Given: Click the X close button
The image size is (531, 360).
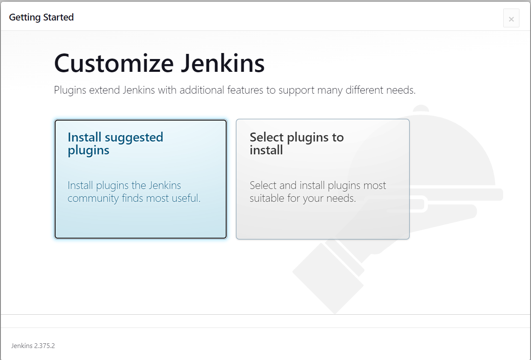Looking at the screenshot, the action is [511, 18].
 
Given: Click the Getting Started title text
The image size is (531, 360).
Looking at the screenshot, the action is [41, 17].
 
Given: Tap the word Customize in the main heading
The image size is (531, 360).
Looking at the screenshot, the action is [114, 63].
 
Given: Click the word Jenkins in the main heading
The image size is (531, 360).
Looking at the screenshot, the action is [223, 63].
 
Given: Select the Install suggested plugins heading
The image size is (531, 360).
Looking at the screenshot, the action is [115, 144].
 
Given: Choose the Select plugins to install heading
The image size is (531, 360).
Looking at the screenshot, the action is [297, 143].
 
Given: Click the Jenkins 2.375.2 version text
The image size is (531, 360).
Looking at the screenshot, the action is [33, 345].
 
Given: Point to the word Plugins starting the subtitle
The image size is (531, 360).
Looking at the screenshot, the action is [70, 90].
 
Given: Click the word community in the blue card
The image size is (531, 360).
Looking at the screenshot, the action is [93, 198].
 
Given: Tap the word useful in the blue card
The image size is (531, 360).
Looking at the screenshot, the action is [186, 198].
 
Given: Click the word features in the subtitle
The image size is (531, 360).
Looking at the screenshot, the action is [245, 90].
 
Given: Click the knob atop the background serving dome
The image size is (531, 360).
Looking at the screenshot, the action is [421, 108].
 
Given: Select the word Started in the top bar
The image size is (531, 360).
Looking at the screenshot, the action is [59, 17].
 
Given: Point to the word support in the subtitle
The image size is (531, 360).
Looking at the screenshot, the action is [296, 91].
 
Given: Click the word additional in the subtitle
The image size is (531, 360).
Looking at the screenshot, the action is [202, 90].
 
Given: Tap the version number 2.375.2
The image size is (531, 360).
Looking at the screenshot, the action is [44, 345].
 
